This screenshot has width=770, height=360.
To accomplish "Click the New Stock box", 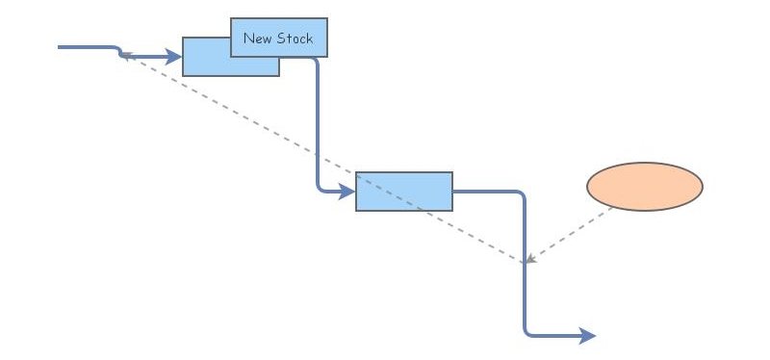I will (x=279, y=38).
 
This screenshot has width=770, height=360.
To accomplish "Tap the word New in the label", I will (x=257, y=39).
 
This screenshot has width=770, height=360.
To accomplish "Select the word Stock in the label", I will (x=295, y=39).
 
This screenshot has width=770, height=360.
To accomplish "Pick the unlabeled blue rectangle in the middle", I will (x=403, y=191).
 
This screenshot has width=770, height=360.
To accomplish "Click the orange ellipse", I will (x=645, y=186).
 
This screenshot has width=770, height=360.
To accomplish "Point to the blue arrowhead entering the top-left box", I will (x=174, y=57).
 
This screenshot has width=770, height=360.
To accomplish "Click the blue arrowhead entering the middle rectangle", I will (x=347, y=192).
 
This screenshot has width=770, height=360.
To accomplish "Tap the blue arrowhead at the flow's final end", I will (x=588, y=336).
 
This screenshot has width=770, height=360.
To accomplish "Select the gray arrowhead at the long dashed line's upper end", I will (x=126, y=56).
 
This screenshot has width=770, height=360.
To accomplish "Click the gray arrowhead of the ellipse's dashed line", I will (x=529, y=259).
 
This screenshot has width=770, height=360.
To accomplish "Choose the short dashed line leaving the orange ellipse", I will (x=573, y=232).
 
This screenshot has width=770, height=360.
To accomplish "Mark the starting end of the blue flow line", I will (x=60, y=46).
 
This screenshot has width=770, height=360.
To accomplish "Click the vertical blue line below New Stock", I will (x=317, y=125).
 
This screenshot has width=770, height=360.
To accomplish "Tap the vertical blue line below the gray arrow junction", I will (x=526, y=298).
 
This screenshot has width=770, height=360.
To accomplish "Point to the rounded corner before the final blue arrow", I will (x=527, y=333).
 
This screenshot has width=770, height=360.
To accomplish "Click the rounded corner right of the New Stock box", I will (x=314, y=61).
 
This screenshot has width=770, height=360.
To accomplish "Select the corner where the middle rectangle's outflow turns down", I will (x=523, y=194).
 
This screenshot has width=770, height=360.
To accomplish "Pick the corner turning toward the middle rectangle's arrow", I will (x=320, y=189).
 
